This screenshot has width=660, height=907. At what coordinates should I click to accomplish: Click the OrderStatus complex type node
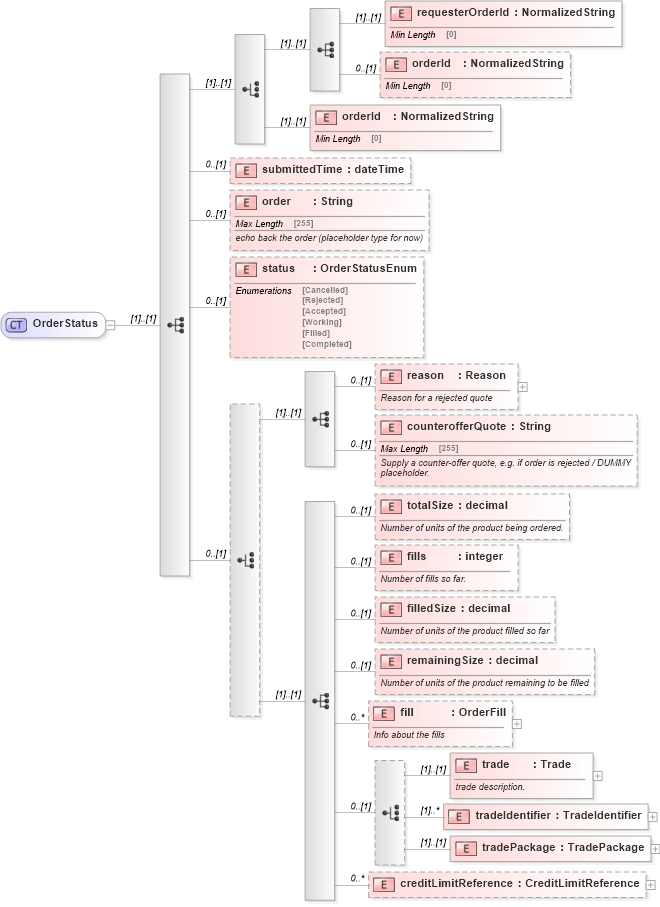(x=55, y=324)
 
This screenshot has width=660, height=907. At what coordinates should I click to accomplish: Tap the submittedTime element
(x=320, y=170)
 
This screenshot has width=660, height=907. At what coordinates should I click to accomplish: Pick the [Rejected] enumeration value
(x=323, y=300)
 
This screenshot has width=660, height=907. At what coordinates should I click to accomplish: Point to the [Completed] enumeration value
(x=327, y=344)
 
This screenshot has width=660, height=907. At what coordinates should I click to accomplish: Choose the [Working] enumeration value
(x=323, y=322)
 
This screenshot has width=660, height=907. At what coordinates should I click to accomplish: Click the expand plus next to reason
(x=523, y=386)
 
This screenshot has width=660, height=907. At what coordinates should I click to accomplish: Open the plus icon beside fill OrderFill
(x=517, y=723)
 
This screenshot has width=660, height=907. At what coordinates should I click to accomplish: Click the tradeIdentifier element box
(x=545, y=816)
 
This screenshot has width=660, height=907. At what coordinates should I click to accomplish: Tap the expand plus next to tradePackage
(x=656, y=848)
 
